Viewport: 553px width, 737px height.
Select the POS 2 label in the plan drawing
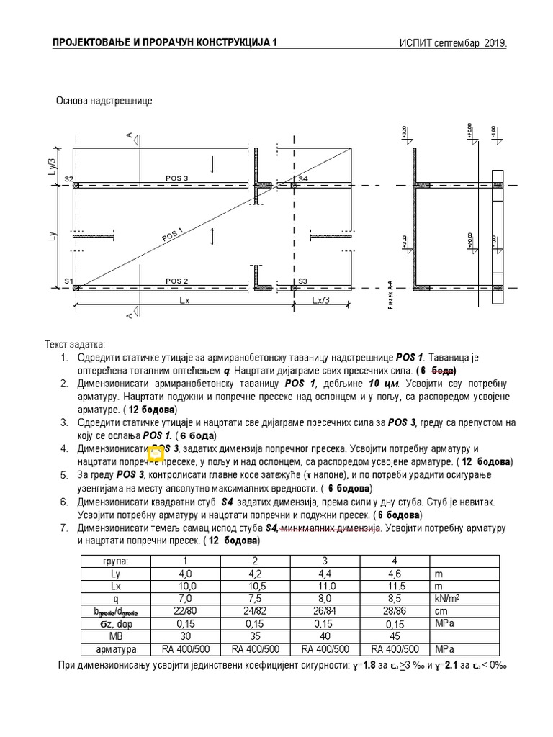[x=176, y=281]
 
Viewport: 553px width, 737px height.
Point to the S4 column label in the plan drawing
[x=302, y=178]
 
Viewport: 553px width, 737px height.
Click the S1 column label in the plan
[x=68, y=281]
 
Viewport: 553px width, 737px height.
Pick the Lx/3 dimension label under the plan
[x=322, y=300]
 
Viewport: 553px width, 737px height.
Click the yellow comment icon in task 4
[x=156, y=453]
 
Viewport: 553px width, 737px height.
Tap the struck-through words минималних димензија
[x=328, y=528]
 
